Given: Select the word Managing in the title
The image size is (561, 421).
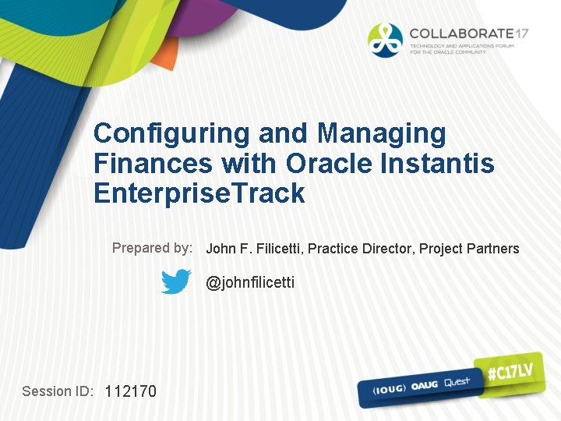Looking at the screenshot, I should (x=382, y=134).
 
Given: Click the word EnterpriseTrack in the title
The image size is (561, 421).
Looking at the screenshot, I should (x=199, y=193).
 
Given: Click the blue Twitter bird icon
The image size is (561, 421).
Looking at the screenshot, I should (x=176, y=281).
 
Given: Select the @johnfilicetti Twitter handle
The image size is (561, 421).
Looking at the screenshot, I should (x=250, y=282).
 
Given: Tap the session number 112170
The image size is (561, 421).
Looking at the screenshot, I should (x=130, y=391).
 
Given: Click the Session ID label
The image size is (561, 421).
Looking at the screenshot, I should (x=58, y=391).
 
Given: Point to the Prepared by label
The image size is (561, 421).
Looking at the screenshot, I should (x=152, y=248).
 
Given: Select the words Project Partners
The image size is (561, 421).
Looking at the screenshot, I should (x=469, y=249).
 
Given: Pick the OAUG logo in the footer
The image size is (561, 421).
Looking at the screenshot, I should (x=423, y=384).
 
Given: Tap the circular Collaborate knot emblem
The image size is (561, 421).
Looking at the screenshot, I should (x=386, y=40).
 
